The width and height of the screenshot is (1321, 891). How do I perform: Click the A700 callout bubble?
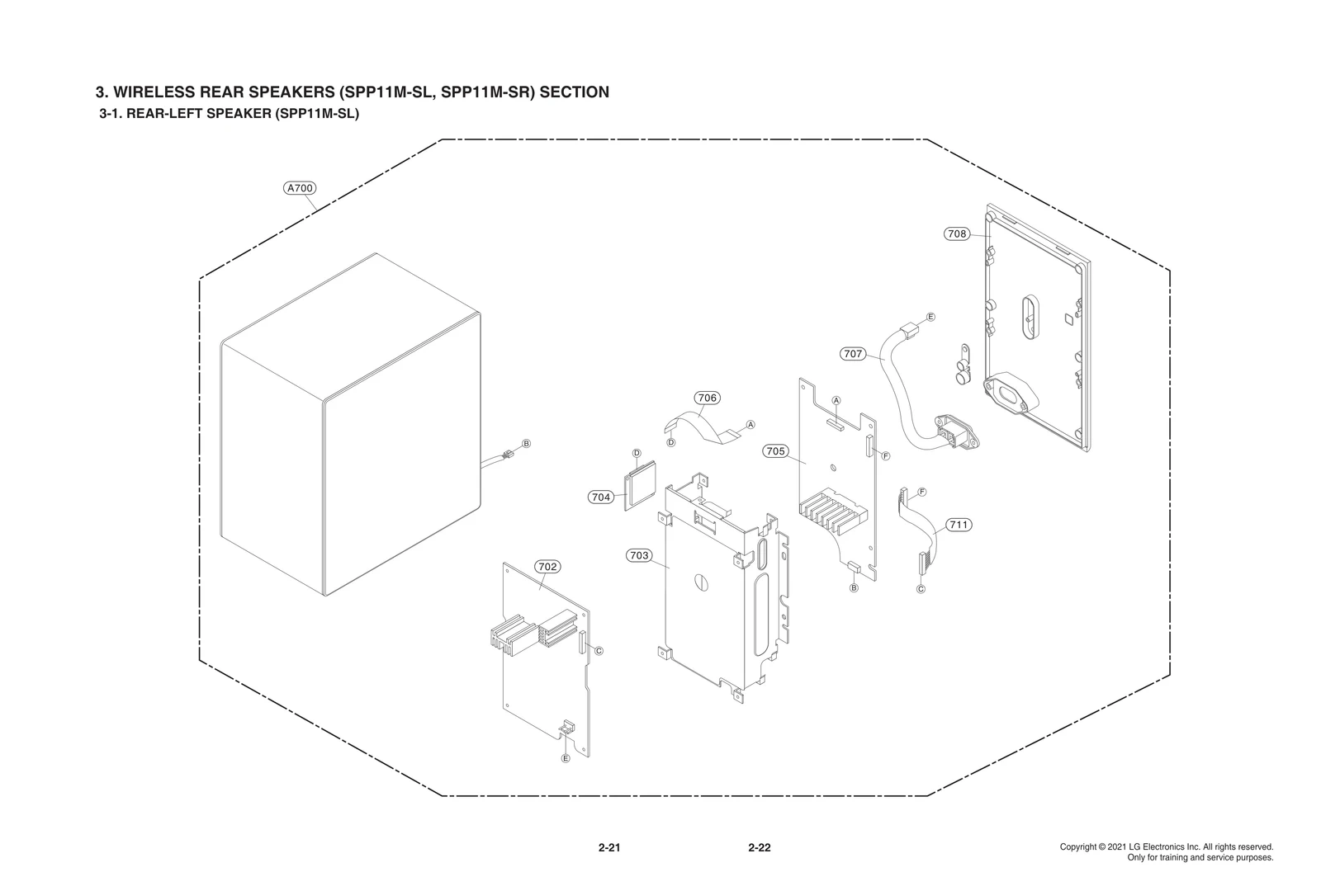click(299, 188)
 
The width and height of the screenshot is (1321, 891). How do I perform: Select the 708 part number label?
click(956, 234)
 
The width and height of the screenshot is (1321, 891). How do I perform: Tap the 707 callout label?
click(853, 354)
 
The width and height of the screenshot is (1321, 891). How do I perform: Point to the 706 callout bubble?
click(707, 398)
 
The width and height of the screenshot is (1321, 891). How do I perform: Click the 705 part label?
click(774, 451)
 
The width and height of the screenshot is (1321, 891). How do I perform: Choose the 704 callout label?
click(600, 497)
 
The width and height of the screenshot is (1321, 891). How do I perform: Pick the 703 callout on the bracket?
click(639, 555)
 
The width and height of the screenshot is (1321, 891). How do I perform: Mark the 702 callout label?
click(547, 567)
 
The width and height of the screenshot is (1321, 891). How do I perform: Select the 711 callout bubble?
click(958, 525)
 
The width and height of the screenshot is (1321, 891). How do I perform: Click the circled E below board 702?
click(566, 758)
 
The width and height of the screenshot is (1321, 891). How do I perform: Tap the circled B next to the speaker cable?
click(526, 444)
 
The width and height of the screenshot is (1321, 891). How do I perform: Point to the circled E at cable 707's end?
click(930, 317)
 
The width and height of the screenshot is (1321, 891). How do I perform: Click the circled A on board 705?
click(836, 400)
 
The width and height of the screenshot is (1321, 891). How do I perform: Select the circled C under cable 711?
click(921, 589)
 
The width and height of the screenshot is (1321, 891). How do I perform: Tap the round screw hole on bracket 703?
click(701, 581)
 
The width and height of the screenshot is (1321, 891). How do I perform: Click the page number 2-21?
click(609, 848)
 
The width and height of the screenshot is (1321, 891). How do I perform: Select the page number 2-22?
click(759, 848)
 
